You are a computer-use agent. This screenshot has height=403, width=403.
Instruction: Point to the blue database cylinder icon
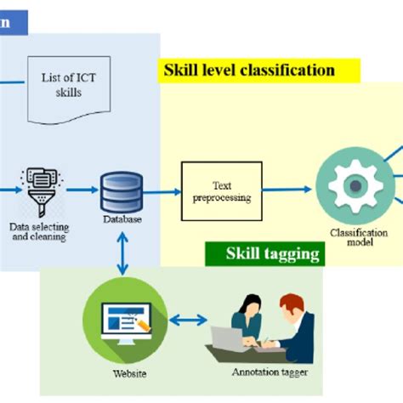click(122, 193)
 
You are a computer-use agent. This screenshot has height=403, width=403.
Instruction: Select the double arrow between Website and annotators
click(188, 321)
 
